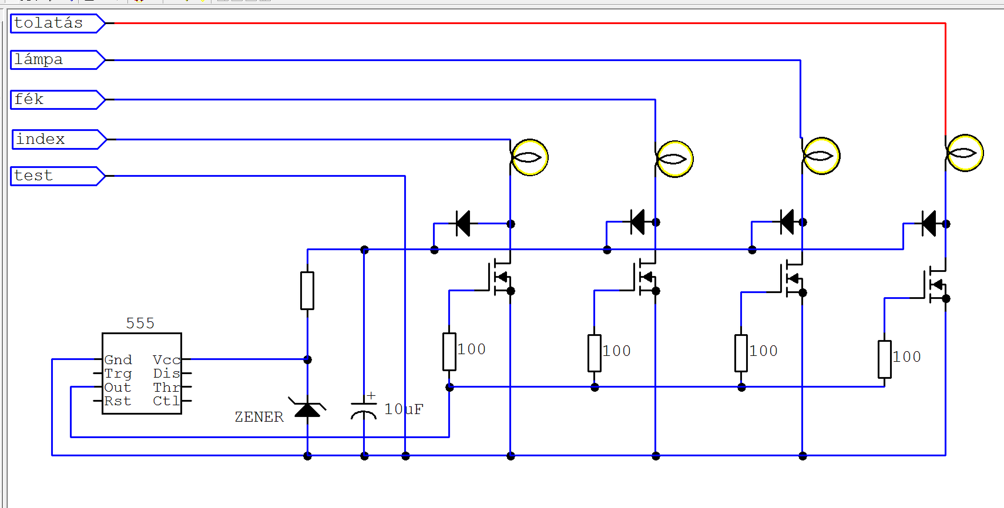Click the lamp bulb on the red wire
[x=965, y=153]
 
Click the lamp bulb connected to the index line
[x=529, y=157]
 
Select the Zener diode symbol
[x=307, y=408]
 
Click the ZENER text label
[x=259, y=417]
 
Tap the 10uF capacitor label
[x=404, y=409]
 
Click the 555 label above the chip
[x=140, y=323]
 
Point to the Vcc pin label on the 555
[x=166, y=360]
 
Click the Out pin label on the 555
[x=117, y=388]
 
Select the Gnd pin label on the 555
[x=118, y=360]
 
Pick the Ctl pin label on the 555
[x=166, y=401]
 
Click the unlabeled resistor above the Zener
[x=307, y=290]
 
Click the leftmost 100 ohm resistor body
[x=449, y=352]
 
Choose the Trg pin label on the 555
[x=118, y=374]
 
